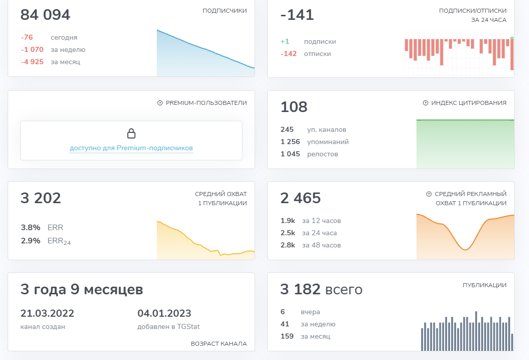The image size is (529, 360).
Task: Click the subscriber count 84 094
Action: [45, 15]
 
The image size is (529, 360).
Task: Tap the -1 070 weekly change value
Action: [32, 50]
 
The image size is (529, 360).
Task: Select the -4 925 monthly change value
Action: [32, 62]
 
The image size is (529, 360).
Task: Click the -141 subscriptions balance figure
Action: [297, 15]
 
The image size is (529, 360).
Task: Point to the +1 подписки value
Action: [285, 42]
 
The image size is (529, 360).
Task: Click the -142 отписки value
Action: [288, 54]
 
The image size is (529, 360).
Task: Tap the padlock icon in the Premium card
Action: [131, 134]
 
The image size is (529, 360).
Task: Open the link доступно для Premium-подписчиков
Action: [131, 148]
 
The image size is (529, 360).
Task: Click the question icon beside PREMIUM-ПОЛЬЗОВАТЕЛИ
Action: [160, 103]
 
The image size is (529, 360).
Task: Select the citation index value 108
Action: [294, 107]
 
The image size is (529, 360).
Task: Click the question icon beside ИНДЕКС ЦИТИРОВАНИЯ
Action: [425, 103]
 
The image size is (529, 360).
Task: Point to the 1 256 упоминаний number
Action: [290, 142]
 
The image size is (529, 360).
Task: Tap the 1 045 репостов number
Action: [290, 154]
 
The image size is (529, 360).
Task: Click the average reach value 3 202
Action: [41, 198]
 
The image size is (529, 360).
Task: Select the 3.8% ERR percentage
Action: [30, 228]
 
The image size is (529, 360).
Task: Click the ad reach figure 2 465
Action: [300, 198]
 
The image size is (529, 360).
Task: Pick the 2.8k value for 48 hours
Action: [288, 245]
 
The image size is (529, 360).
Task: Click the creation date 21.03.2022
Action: [47, 313]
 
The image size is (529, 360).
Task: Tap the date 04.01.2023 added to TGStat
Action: [164, 313]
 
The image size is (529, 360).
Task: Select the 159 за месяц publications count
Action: [287, 336]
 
